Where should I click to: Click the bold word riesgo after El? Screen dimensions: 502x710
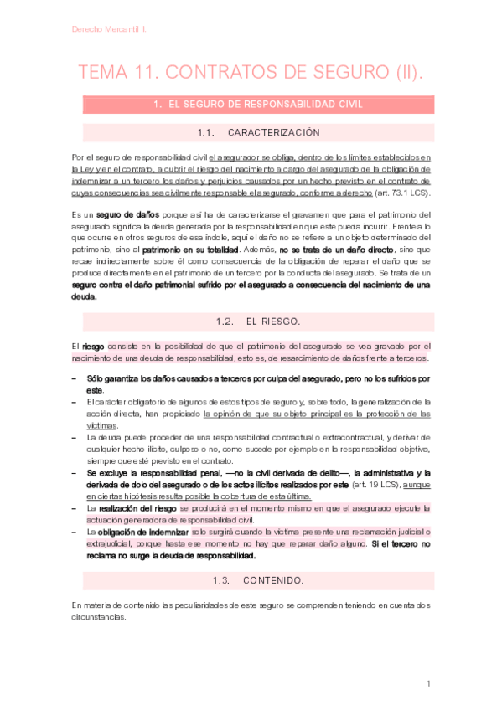94,347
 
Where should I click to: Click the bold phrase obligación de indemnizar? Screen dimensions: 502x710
139,532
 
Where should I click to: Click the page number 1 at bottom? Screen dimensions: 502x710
427,684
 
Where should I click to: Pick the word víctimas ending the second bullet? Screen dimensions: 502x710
102,425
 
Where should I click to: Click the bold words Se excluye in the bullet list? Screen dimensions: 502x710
105,472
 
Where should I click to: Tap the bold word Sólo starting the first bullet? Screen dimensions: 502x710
97,378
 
